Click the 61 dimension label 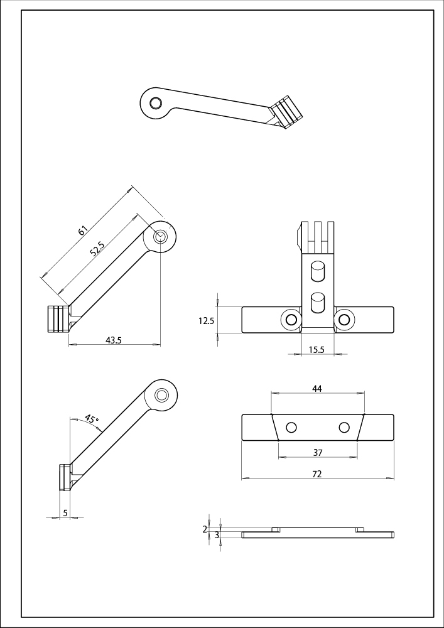(82, 230)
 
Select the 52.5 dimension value (97, 249)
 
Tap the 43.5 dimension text (114, 340)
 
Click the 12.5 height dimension (207, 320)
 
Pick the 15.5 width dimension (317, 350)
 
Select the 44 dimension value (317, 389)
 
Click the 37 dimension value (317, 453)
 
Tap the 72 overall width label (317, 474)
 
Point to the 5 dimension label (66, 514)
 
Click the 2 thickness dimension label (205, 529)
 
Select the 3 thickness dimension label (217, 535)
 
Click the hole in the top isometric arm (154, 102)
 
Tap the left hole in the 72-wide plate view (291, 428)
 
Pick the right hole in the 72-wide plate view (344, 428)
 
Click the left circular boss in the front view (291, 320)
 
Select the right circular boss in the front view (344, 320)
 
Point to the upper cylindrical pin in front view (317, 272)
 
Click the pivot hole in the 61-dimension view (160, 236)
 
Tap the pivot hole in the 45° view (162, 395)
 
